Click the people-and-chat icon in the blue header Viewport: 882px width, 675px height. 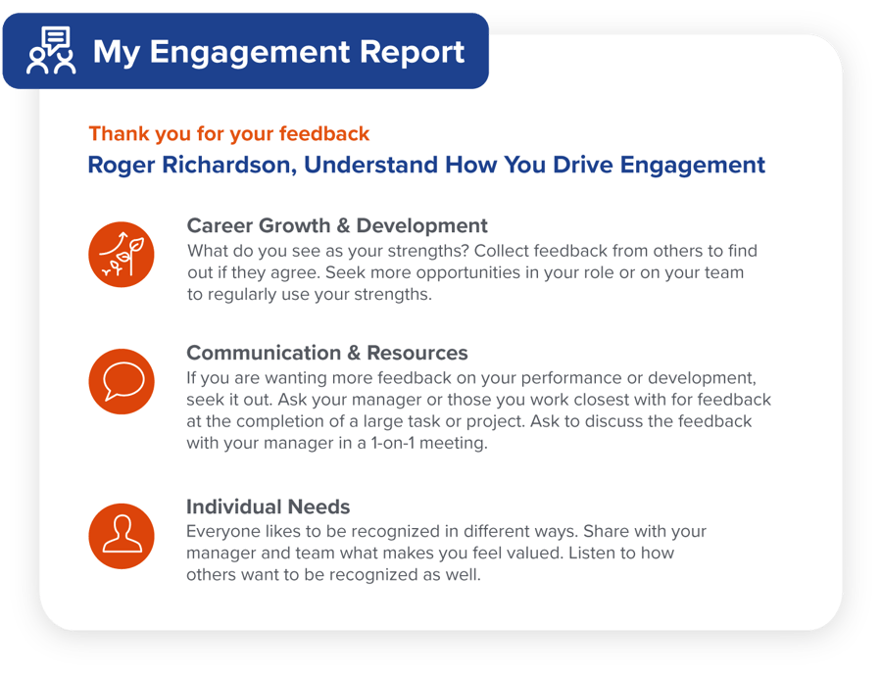(x=51, y=51)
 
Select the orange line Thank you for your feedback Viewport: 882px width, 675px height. (x=228, y=134)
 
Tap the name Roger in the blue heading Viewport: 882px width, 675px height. (x=119, y=165)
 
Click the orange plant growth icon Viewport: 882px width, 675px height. (x=121, y=255)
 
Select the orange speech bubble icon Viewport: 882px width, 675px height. (x=121, y=381)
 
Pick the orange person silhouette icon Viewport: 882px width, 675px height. (x=121, y=535)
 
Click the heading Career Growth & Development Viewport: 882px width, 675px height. (x=336, y=226)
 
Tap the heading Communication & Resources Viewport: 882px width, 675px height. (x=326, y=353)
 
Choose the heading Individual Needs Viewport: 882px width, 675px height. (x=268, y=506)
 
